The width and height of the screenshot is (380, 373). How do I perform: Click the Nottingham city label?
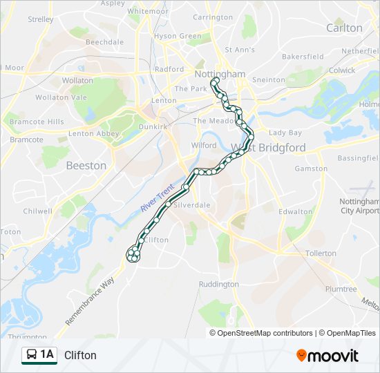pyautogui.click(x=220, y=74)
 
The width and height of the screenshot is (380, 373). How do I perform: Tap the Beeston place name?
pyautogui.click(x=86, y=166)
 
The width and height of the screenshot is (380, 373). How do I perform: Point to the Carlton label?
pyautogui.click(x=343, y=28)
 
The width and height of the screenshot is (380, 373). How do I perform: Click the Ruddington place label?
pyautogui.click(x=218, y=284)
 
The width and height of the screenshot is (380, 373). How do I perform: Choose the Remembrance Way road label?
pyautogui.click(x=90, y=302)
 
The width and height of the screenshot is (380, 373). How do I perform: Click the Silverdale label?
pyautogui.click(x=191, y=205)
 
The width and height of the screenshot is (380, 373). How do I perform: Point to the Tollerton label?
pyautogui.click(x=320, y=254)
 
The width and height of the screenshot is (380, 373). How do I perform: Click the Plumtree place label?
pyautogui.click(x=341, y=289)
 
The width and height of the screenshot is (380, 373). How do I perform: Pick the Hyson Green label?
pyautogui.click(x=178, y=36)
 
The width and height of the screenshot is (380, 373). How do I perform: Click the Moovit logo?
pyautogui.click(x=327, y=356)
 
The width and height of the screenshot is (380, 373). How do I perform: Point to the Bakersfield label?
pyautogui.click(x=303, y=56)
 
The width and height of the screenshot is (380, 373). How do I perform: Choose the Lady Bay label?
pyautogui.click(x=285, y=133)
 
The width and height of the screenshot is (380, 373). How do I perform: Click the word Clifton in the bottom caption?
pyautogui.click(x=80, y=356)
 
